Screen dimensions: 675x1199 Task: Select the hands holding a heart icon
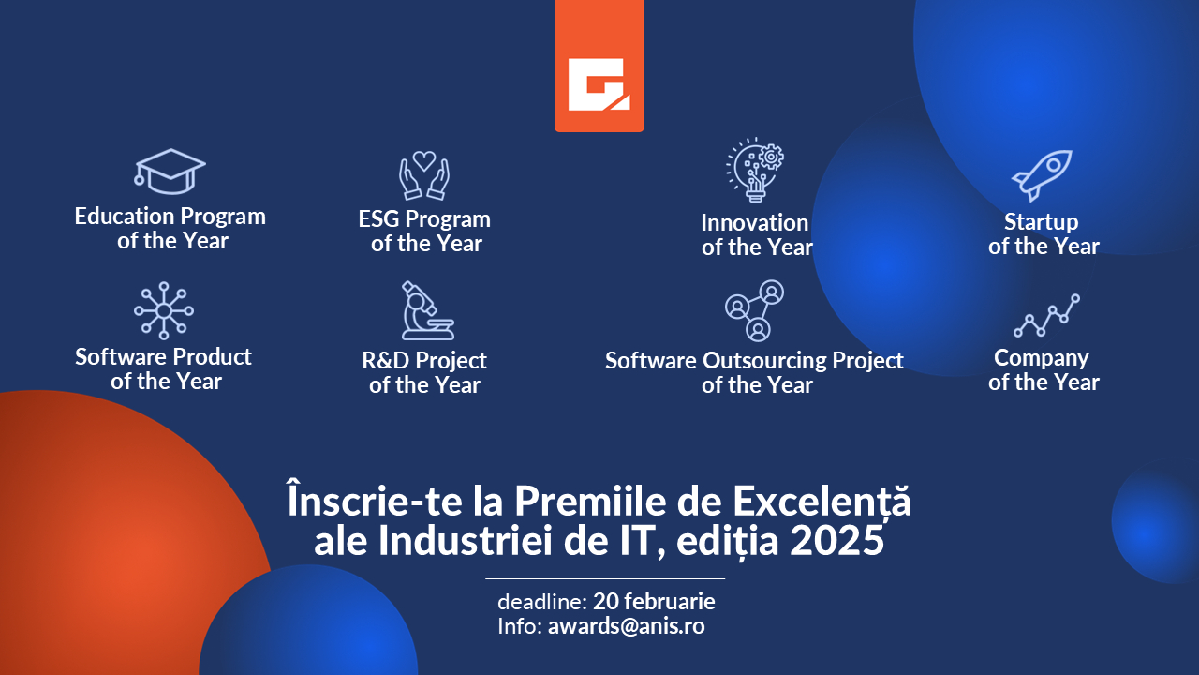424,175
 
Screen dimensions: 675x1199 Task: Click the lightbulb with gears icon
755,171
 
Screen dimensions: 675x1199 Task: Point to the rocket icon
1042,174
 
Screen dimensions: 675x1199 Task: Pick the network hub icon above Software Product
164,310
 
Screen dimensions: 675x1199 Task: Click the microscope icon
426,310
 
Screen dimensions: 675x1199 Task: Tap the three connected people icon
755,310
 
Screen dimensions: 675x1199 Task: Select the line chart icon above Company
1046,316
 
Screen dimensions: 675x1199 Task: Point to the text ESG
378,219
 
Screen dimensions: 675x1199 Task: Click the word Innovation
754,223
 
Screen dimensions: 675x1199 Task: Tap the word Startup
1041,222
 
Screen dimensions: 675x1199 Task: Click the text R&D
385,361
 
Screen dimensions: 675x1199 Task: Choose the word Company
1041,358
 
